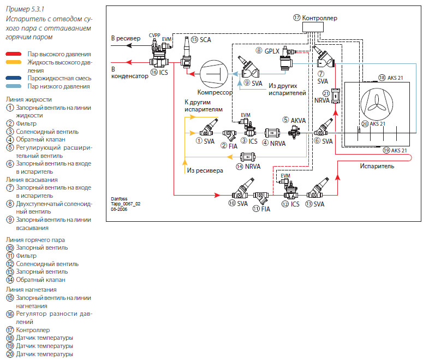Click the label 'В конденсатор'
point(129,73)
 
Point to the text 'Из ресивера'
point(205,170)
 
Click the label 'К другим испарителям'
point(204,105)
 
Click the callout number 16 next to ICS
point(154,72)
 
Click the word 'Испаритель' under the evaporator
point(377,167)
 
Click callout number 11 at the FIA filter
point(256,209)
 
